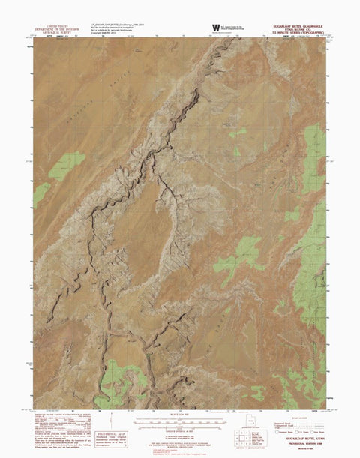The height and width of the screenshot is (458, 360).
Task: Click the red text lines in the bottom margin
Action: (x=181, y=444)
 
